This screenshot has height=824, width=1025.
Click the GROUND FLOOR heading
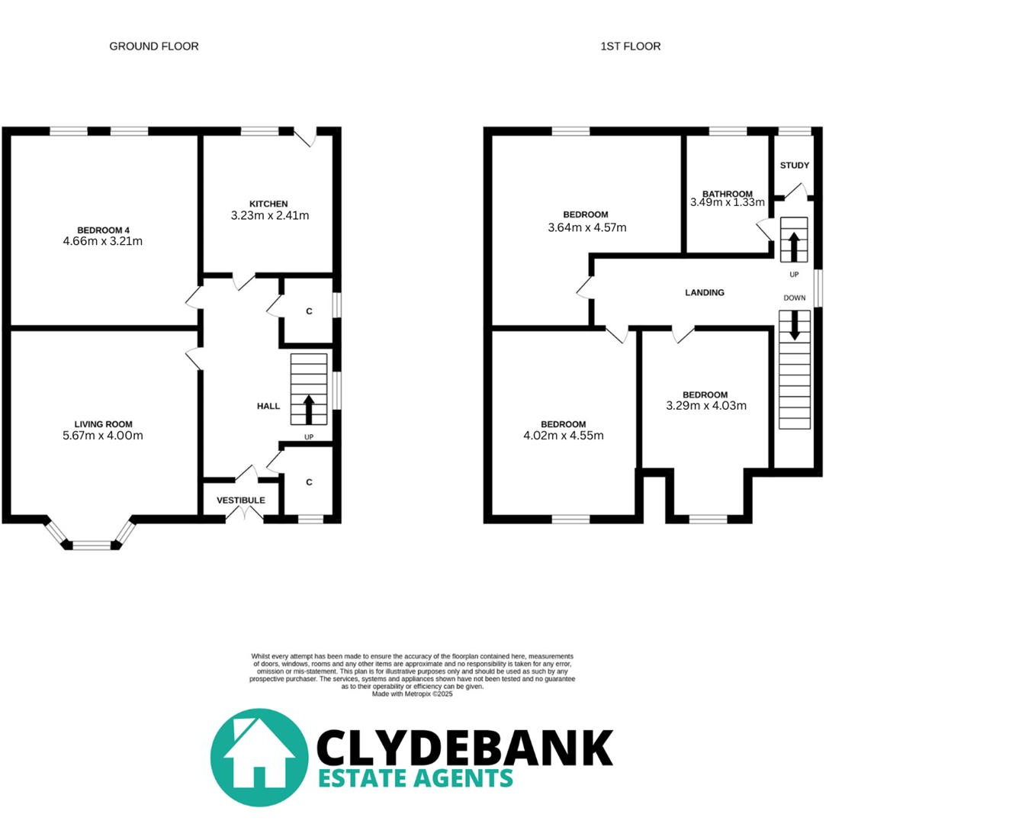tap(154, 47)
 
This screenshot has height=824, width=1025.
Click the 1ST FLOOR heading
tap(630, 47)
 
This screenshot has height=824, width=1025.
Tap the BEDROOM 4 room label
tap(103, 230)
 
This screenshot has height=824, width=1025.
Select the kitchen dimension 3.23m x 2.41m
tap(270, 216)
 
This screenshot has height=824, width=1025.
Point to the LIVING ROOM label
tap(103, 424)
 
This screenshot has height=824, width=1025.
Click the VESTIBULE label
tap(241, 501)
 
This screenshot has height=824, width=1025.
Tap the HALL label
tap(268, 407)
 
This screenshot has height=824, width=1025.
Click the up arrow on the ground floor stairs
tap(309, 409)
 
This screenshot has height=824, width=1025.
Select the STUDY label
tap(795, 166)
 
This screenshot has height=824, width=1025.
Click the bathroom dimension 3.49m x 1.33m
tap(728, 203)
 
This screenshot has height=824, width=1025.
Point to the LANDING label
tap(705, 293)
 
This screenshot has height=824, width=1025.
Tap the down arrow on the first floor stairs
tap(795, 325)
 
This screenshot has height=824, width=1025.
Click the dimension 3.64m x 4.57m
tap(587, 227)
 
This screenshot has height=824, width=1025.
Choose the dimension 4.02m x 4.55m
tap(564, 436)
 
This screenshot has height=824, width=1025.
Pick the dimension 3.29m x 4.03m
tap(706, 406)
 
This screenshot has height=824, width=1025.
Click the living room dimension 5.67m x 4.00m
tap(103, 436)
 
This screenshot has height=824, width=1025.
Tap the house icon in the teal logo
tap(259, 757)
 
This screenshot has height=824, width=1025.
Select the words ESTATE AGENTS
tap(415, 778)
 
